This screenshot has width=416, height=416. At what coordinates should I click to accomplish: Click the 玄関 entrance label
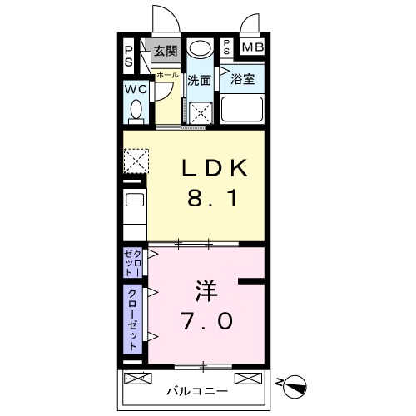point(166,51)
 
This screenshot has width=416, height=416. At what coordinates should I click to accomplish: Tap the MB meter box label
point(252,47)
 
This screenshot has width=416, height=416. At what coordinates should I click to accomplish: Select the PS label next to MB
point(227,47)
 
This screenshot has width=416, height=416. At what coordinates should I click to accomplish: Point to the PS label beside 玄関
point(129,56)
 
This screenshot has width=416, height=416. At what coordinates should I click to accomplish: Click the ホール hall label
point(165,75)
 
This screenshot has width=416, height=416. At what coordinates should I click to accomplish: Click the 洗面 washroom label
point(198,81)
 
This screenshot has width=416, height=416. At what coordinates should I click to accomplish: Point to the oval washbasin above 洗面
point(199,48)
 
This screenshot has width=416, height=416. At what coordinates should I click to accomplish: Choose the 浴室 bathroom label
point(242,80)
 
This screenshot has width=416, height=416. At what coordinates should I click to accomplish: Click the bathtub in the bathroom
point(241,110)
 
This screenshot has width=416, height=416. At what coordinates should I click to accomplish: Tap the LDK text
point(214,168)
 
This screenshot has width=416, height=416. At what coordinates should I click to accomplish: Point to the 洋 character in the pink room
point(206,290)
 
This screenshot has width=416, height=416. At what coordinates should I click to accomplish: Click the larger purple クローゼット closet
point(134,319)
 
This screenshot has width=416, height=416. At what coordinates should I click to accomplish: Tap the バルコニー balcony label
point(196,389)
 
